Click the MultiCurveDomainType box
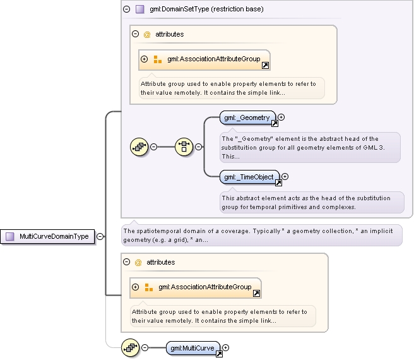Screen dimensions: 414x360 47,236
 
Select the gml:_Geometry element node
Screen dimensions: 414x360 247,117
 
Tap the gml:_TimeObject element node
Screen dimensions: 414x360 249,177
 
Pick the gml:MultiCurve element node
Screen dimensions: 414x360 192,348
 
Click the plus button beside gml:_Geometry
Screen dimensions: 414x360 281,117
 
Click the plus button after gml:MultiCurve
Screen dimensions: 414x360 225,347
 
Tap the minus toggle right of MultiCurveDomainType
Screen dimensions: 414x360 100,236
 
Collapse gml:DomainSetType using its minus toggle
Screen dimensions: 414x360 126,9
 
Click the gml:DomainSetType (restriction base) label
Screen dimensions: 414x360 206,9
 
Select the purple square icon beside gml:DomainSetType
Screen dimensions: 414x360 139,9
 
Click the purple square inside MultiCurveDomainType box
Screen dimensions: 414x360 9,236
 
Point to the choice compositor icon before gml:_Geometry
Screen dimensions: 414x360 184,147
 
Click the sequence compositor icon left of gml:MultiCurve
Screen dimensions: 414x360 130,347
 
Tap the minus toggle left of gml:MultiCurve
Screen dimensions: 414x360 145,347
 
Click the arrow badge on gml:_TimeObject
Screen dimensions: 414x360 278,183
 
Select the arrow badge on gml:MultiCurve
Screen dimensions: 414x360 219,354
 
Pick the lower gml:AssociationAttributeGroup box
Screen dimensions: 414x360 196,288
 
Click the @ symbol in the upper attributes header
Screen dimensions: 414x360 147,34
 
